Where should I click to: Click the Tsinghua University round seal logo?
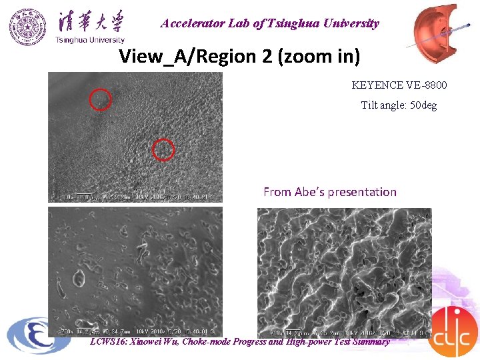click(x=28, y=27)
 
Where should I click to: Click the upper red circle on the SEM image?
click(x=101, y=99)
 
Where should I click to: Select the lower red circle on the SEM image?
click(x=163, y=150)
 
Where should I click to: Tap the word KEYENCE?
click(x=376, y=85)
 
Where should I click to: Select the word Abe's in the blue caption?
click(x=313, y=192)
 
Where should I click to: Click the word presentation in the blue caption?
click(x=365, y=192)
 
